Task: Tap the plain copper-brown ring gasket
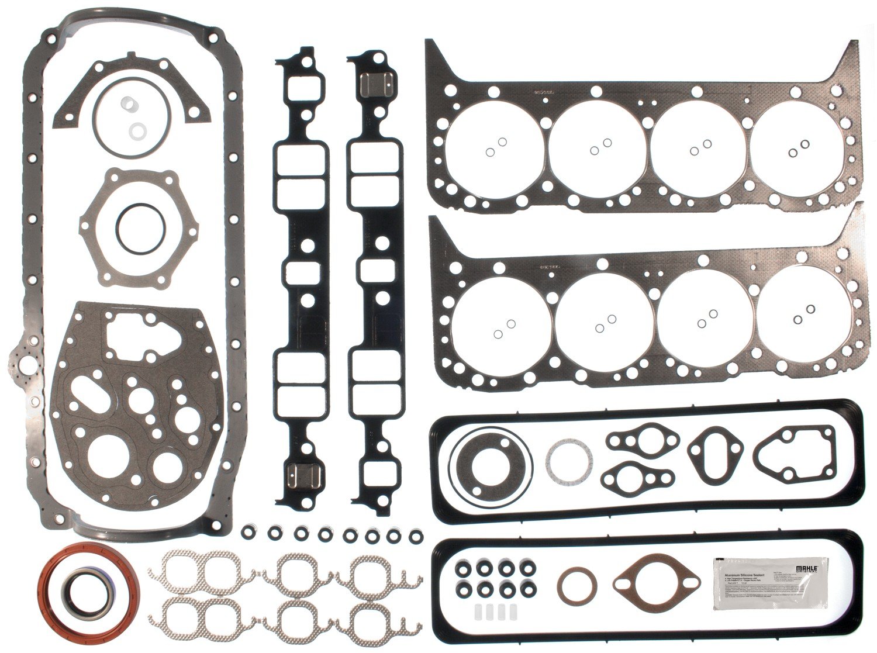(576, 587)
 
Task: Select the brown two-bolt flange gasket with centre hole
(656, 584)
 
